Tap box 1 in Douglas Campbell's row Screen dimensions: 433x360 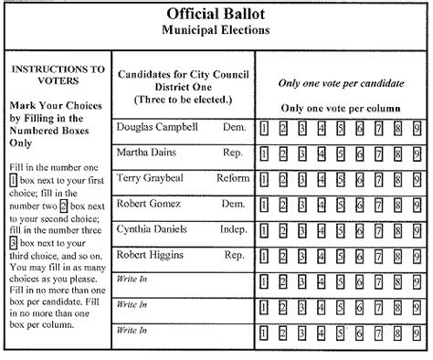pyautogui.click(x=264, y=128)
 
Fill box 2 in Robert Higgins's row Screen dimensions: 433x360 pyautogui.click(x=283, y=257)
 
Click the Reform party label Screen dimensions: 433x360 pyautogui.click(x=232, y=178)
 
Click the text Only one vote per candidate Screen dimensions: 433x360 pyautogui.click(x=341, y=83)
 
